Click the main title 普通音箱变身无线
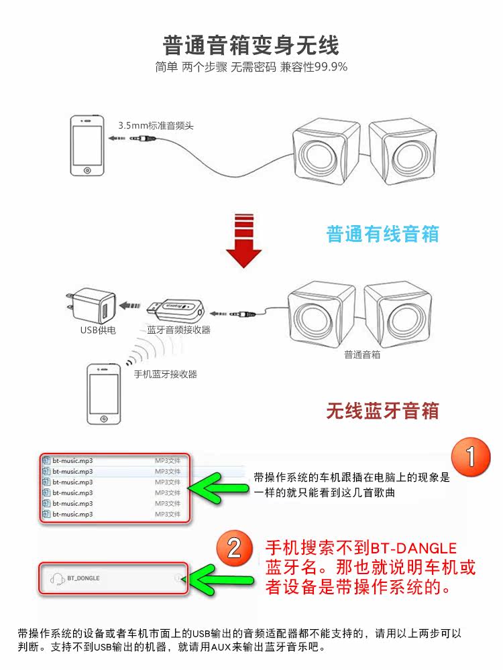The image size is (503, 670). (251, 45)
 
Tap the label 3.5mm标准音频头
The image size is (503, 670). (156, 125)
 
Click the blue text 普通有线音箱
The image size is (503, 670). (383, 234)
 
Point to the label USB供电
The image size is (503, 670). (98, 330)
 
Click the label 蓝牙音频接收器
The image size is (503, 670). (178, 330)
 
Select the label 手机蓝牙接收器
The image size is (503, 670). (166, 375)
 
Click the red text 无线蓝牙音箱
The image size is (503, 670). (383, 410)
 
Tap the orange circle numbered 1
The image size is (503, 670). (470, 458)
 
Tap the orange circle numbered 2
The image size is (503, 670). (233, 548)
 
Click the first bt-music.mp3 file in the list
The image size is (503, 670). (72, 460)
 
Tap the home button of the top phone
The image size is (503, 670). (87, 170)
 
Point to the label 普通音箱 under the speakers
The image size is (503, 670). (362, 354)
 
